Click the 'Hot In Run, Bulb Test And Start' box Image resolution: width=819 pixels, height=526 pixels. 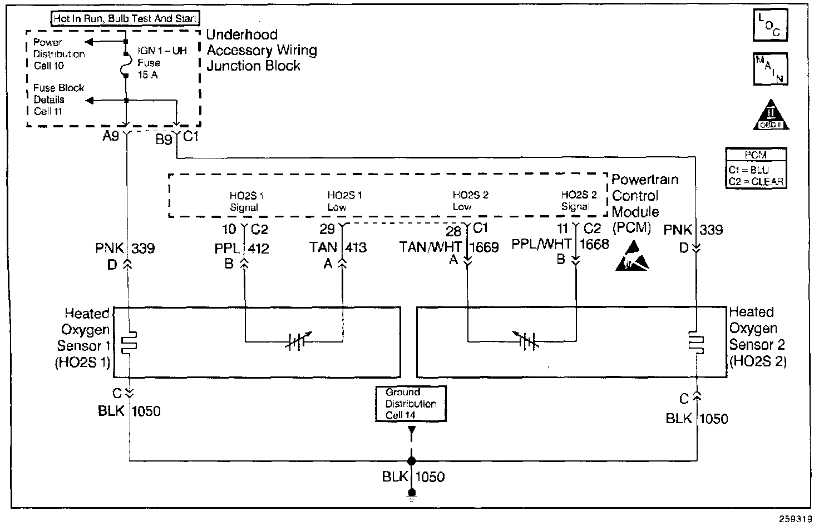pyautogui.click(x=125, y=19)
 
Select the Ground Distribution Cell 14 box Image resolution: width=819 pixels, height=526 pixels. pyautogui.click(x=411, y=404)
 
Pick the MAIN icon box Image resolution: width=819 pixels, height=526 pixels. pyautogui.click(x=771, y=69)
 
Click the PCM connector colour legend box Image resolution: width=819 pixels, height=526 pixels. pyautogui.click(x=756, y=168)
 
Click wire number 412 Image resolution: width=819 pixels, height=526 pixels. pyautogui.click(x=258, y=248)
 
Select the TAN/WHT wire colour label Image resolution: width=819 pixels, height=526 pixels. pyautogui.click(x=431, y=247)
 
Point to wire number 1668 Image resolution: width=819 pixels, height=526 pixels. pyautogui.click(x=594, y=244)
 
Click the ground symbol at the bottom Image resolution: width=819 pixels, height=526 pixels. pyautogui.click(x=411, y=494)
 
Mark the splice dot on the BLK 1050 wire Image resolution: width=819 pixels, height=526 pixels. pyautogui.click(x=411, y=461)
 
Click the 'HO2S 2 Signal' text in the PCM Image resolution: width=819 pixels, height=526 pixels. pyautogui.click(x=579, y=201)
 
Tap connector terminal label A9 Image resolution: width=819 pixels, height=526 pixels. pyautogui.click(x=111, y=137)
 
